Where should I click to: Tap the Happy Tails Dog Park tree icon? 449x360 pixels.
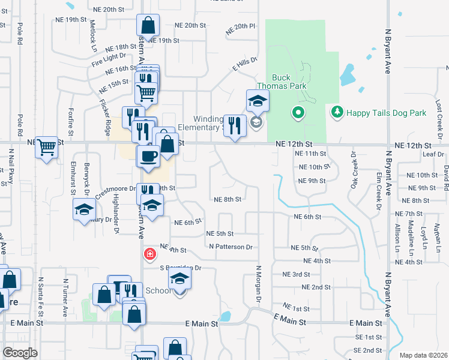point(337,112)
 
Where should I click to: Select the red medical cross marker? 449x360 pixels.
point(149,255)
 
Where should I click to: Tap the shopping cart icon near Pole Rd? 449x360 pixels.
point(46,146)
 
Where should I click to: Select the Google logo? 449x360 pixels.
point(20,352)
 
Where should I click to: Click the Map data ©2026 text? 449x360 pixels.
point(423,355)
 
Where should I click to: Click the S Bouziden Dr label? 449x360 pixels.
point(180,268)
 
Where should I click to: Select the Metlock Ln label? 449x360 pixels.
point(93,36)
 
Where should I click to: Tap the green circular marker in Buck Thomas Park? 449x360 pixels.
point(298,112)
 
